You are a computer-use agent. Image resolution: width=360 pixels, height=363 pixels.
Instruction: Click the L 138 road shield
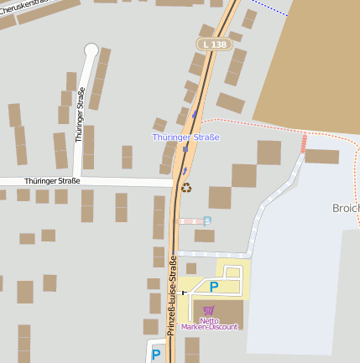[213, 44]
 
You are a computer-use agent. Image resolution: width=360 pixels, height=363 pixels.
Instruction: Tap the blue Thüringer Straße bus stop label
[185, 137]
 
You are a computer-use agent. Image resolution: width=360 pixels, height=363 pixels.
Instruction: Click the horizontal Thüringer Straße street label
[52, 181]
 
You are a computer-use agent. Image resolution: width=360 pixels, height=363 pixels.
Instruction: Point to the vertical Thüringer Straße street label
[81, 115]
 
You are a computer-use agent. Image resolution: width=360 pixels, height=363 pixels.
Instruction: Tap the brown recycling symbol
[186, 188]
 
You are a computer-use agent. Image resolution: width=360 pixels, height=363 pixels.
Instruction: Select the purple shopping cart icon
[208, 310]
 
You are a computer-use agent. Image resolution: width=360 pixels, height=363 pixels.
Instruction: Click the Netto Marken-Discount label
[208, 323]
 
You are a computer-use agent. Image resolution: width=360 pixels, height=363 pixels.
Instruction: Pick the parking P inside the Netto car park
[213, 287]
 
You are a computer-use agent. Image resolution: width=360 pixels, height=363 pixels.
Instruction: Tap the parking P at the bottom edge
[156, 355]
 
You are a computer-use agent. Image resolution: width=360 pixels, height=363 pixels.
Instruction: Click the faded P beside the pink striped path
[207, 220]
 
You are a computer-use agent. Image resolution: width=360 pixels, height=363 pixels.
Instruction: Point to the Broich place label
[346, 207]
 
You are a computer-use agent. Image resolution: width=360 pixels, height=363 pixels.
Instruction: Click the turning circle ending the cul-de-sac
[91, 50]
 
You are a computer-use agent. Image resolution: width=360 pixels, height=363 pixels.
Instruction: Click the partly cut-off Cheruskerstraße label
[21, 7]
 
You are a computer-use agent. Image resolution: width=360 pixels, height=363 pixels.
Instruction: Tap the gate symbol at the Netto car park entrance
[183, 293]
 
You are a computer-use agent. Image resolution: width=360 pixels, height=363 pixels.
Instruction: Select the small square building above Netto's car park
[190, 268]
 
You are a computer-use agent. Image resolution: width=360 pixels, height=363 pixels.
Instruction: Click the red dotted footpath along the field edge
[252, 122]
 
